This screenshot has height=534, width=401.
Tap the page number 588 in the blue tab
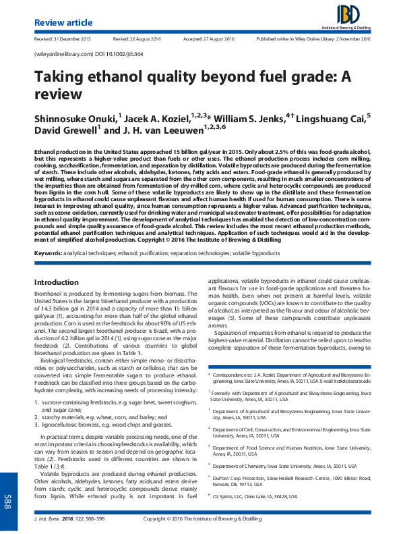coord(9,502)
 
